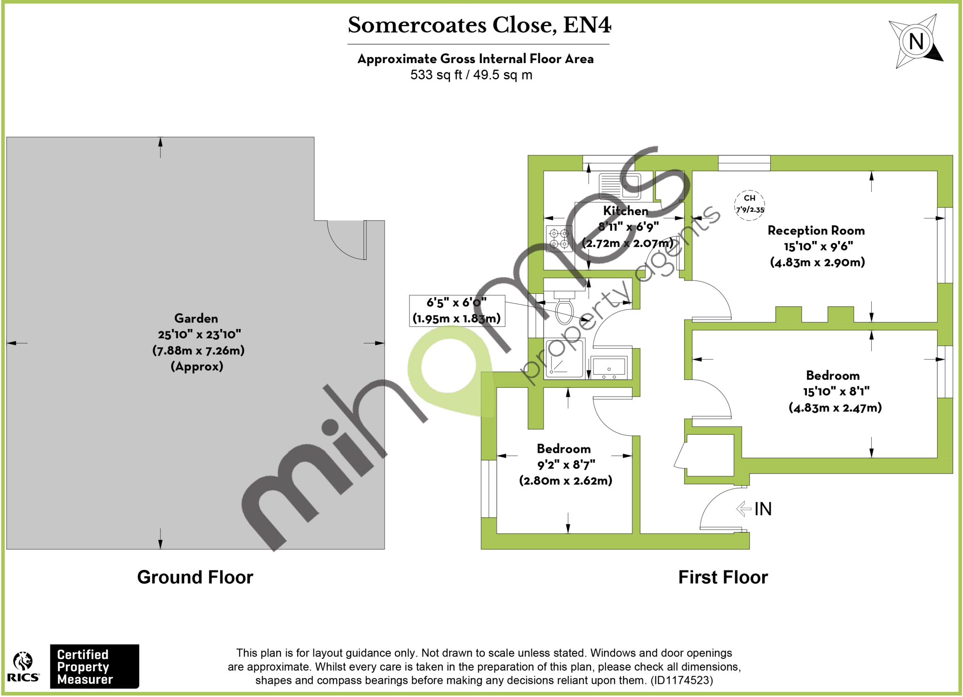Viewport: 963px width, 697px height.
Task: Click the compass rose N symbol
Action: [916, 41]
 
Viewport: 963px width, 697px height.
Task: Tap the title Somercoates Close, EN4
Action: [479, 25]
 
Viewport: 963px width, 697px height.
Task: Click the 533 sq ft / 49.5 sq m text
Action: [471, 75]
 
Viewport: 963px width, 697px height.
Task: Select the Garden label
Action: [196, 319]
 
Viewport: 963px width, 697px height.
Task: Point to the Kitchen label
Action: [625, 211]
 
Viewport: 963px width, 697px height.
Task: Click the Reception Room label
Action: [816, 231]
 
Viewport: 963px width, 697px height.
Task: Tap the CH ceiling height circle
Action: [750, 204]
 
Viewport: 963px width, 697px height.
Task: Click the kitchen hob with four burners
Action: [559, 239]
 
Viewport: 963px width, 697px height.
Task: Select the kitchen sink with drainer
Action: [620, 185]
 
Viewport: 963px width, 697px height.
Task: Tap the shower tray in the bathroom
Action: [564, 359]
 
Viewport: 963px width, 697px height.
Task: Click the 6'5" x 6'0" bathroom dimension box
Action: [457, 311]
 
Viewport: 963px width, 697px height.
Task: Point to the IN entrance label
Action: [763, 509]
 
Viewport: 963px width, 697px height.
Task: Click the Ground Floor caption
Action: [195, 577]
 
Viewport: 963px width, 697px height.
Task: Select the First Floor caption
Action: [723, 577]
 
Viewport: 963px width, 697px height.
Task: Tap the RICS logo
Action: [23, 667]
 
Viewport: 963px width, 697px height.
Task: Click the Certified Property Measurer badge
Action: [95, 667]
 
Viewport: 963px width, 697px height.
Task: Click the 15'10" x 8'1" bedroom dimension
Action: [836, 392]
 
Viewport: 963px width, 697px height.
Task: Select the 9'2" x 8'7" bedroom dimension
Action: [566, 465]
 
